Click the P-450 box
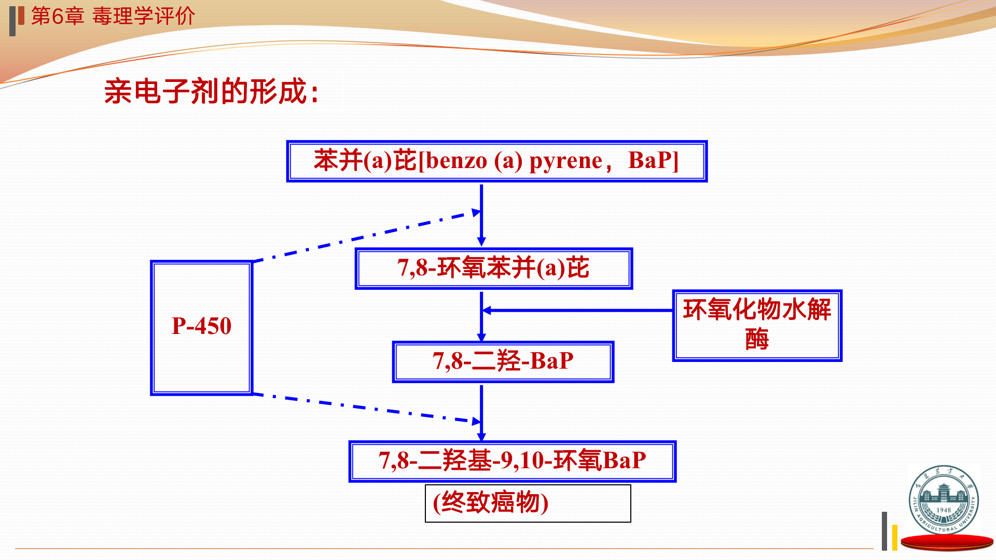point(201,328)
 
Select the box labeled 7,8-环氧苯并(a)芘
point(493,269)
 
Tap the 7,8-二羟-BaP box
point(503,361)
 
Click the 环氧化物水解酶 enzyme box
point(757,325)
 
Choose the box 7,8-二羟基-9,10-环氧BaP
point(512,461)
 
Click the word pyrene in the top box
point(565,161)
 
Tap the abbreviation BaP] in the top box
point(653,161)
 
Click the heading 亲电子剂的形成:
point(211,92)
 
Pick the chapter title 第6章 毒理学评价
point(113,16)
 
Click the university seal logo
point(944,499)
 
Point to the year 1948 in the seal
point(944,510)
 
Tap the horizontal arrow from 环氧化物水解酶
point(576,311)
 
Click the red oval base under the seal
point(947,542)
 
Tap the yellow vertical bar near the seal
point(895,537)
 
